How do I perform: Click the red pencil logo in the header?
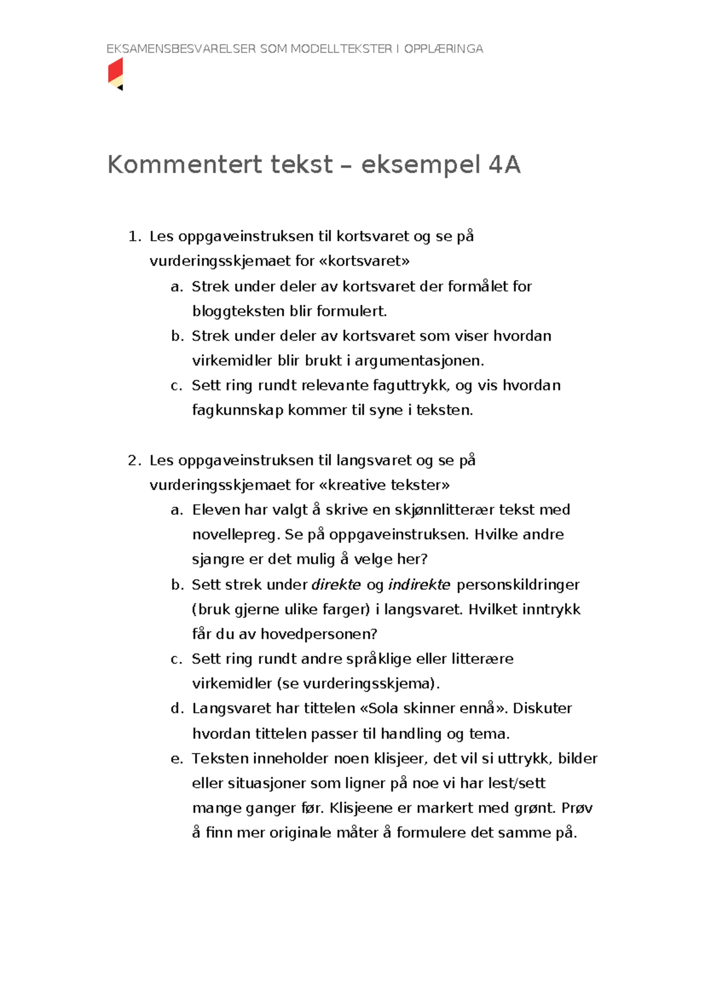(116, 74)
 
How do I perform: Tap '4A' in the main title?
(504, 165)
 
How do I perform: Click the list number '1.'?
(135, 237)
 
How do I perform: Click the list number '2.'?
(135, 460)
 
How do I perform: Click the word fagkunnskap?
(237, 410)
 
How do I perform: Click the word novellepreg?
(236, 535)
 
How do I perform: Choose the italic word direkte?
(336, 585)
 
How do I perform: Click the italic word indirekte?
(419, 585)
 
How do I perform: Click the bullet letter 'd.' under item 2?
(177, 709)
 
